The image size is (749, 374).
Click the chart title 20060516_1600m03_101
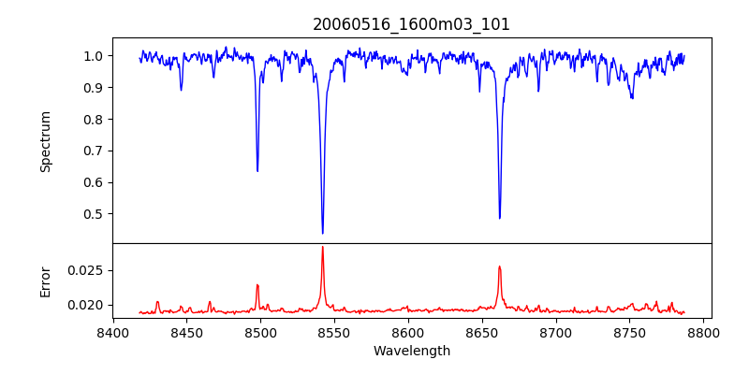[x=411, y=24]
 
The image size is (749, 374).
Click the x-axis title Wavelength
[x=411, y=352]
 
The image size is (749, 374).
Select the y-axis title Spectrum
[x=46, y=141]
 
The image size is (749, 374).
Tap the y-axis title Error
[x=46, y=280]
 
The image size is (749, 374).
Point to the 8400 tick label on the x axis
[x=113, y=333]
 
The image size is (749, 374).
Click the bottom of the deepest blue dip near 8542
[x=322, y=233]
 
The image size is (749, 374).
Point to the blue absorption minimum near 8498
[x=257, y=171]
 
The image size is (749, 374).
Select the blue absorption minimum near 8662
[x=499, y=218]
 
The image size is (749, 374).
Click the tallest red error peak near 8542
[x=322, y=247]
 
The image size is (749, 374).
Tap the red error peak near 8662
[x=499, y=266]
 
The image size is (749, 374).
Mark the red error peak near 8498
[x=257, y=285]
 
